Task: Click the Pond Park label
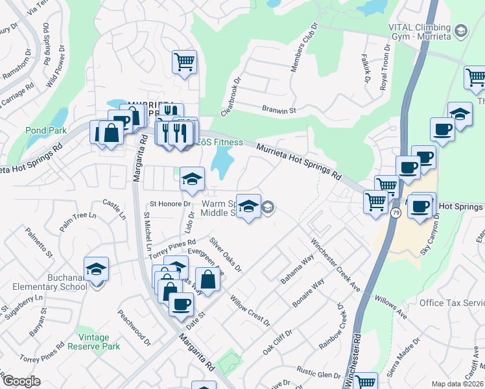(46, 130)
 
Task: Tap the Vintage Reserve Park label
(99, 342)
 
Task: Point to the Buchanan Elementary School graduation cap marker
(96, 269)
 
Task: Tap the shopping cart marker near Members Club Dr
(185, 62)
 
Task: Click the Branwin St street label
(278, 110)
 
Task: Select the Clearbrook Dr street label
(230, 98)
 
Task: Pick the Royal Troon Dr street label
(385, 69)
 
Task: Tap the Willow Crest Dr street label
(250, 309)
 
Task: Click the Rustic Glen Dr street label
(318, 375)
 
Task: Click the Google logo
(21, 381)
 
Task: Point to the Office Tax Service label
(452, 303)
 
